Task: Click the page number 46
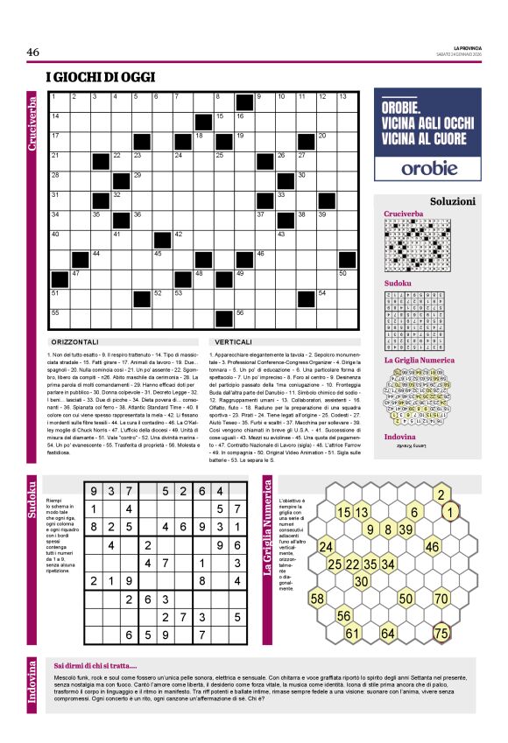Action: pyautogui.click(x=33, y=53)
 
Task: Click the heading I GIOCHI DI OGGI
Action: pyautogui.click(x=101, y=77)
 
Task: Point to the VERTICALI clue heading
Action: pyautogui.click(x=232, y=341)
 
